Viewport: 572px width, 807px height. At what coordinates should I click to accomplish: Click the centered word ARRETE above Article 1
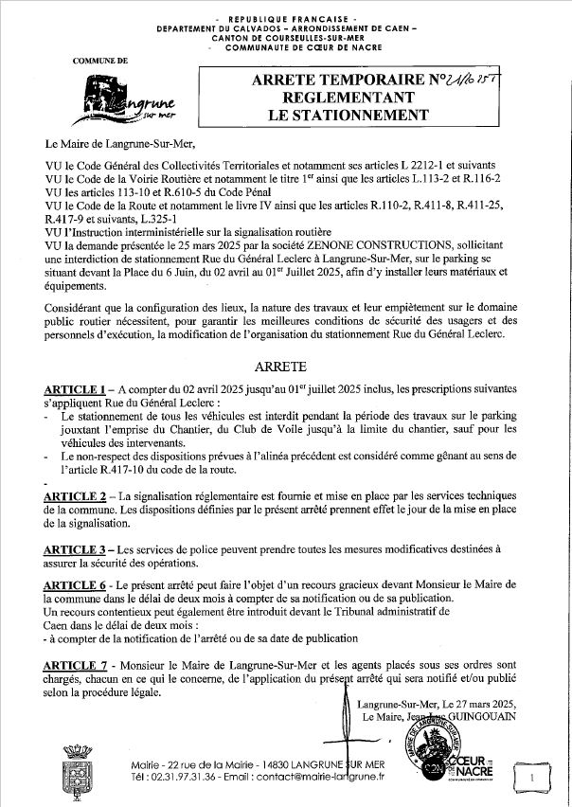286,365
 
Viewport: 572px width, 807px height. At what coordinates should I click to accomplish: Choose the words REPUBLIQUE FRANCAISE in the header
285,19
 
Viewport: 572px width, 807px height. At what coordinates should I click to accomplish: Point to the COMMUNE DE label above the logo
101,61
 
